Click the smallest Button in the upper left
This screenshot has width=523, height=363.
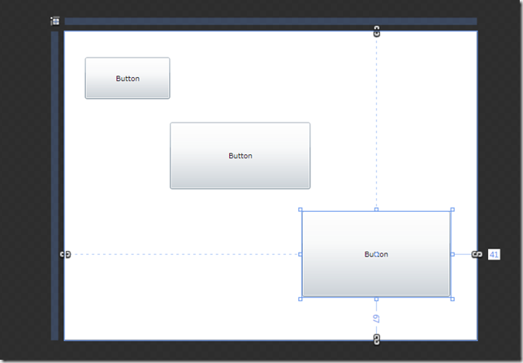[x=128, y=78]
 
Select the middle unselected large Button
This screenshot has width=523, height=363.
[x=240, y=155]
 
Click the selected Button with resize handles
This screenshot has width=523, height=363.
[x=376, y=254]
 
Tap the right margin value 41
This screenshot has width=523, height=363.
[x=494, y=254]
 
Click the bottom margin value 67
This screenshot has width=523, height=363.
[x=376, y=318]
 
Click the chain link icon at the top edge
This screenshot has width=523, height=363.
[x=377, y=32]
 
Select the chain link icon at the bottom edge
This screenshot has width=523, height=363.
[x=377, y=339]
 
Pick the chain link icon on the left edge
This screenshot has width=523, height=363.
[x=65, y=254]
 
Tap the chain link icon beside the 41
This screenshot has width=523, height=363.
[x=477, y=254]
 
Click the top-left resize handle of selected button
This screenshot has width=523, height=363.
[x=300, y=210]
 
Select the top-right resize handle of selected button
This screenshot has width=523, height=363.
[x=452, y=210]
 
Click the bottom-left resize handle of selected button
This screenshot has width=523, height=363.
[x=300, y=300]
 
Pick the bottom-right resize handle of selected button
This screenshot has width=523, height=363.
[x=452, y=300]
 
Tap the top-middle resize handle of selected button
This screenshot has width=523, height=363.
[x=377, y=210]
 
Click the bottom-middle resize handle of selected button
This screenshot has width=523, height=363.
[x=377, y=300]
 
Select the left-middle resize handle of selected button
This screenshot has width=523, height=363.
[x=300, y=254]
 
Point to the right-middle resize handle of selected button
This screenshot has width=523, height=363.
[x=452, y=254]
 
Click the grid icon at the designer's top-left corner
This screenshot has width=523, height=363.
[x=55, y=21]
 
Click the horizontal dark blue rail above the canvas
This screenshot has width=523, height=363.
[x=271, y=21]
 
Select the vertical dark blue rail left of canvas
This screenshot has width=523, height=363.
[x=54, y=186]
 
